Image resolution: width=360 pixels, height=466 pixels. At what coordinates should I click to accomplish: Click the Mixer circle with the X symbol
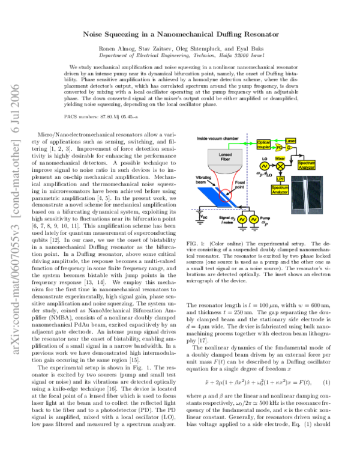pos(279,162)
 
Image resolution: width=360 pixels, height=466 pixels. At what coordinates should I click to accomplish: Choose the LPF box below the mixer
pos(279,178)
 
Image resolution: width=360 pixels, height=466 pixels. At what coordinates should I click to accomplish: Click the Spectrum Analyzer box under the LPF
pos(279,190)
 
